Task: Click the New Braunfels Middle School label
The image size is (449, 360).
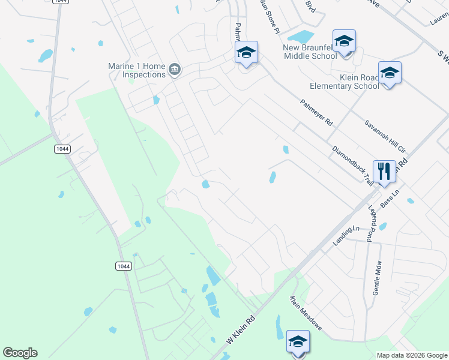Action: tap(310, 52)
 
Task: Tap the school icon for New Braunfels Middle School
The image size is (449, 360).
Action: tap(344, 41)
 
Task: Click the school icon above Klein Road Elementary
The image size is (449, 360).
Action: tap(390, 73)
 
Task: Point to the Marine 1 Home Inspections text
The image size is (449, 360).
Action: tap(137, 70)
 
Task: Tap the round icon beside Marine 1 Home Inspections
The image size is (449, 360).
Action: tap(175, 70)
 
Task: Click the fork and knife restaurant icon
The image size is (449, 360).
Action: tap(384, 172)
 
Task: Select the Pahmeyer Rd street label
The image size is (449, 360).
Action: tap(316, 112)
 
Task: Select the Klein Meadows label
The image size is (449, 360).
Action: tap(306, 313)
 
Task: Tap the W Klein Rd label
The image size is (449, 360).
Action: tap(241, 331)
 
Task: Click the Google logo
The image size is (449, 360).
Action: tap(20, 353)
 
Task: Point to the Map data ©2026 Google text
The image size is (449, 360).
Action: tap(411, 355)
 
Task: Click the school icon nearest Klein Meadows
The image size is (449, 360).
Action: tap(297, 342)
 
